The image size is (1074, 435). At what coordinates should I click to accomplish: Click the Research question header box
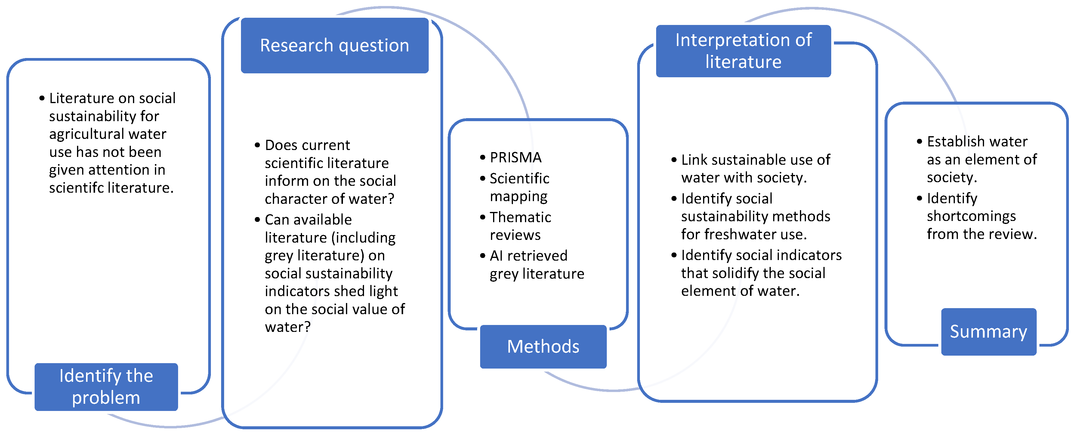tap(334, 45)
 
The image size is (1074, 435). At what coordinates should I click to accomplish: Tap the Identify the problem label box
tap(106, 386)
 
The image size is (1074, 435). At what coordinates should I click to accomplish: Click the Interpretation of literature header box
tap(743, 51)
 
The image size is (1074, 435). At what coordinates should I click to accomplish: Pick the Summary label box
tap(988, 331)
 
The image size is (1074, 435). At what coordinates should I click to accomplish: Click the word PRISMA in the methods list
tap(515, 158)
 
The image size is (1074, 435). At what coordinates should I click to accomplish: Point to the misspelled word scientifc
tap(76, 188)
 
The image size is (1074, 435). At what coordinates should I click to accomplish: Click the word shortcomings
tap(971, 216)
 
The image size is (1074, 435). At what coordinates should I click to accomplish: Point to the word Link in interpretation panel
tap(694, 160)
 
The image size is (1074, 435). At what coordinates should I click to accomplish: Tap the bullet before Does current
tap(257, 145)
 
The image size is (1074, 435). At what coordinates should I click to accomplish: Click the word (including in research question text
tap(363, 237)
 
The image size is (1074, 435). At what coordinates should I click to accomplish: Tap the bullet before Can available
tap(257, 219)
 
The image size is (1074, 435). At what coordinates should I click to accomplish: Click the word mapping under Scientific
tap(518, 196)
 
